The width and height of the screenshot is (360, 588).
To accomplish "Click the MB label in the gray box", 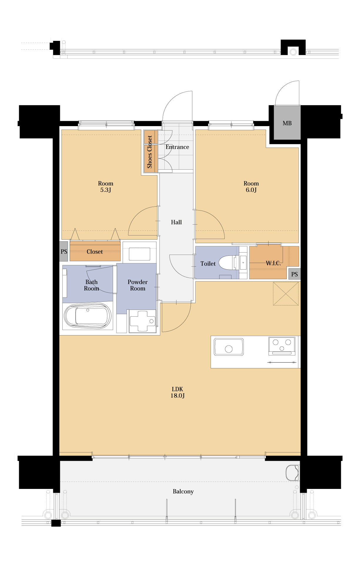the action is (x=287, y=123).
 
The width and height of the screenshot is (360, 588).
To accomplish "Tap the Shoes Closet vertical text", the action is (x=150, y=152).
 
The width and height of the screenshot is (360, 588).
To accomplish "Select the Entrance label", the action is (x=177, y=147).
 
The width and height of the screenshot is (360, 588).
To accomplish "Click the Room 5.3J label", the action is (x=106, y=186).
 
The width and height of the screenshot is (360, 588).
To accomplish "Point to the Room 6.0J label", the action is (x=251, y=186).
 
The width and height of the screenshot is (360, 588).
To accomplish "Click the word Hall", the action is (x=176, y=222).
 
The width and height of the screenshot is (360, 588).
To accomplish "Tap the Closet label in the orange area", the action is (x=95, y=252).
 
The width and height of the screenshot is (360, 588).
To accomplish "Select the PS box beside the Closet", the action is (x=64, y=251).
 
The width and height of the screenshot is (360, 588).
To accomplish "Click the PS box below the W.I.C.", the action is (x=294, y=274).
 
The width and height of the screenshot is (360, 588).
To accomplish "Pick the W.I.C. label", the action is (x=273, y=263).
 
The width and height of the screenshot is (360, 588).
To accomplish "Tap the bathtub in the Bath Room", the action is (x=88, y=316).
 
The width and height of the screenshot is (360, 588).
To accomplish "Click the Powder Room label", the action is (x=138, y=285).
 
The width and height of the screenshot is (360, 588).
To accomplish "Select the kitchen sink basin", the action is (x=229, y=347).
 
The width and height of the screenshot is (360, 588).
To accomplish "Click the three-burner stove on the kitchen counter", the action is (x=282, y=346).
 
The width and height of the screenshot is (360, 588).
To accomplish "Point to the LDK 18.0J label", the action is (x=178, y=392).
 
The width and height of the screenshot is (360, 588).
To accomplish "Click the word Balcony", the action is (x=183, y=492).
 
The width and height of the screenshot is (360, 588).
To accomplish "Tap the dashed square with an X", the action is (x=286, y=294).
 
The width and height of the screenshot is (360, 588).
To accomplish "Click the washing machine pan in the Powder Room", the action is (x=143, y=321).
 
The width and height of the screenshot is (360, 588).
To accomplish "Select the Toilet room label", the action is (x=208, y=264).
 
